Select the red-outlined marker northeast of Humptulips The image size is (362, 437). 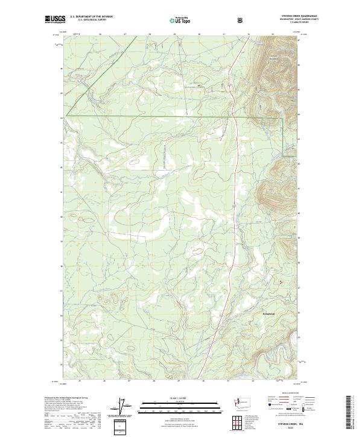pyautogui.click(x=279, y=281)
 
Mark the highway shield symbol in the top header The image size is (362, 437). pyautogui.click(x=242, y=20)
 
